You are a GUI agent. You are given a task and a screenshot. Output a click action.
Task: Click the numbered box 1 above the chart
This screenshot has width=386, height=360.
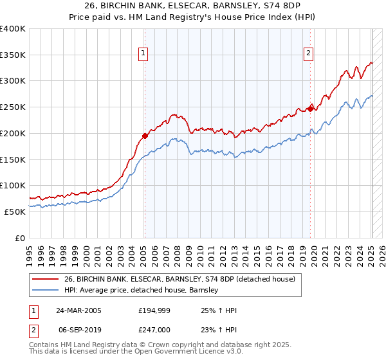click(143, 54)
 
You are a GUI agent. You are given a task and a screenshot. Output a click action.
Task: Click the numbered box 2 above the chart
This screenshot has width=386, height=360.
click(309, 54)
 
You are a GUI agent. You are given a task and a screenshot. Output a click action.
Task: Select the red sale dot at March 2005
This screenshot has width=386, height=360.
click(145, 136)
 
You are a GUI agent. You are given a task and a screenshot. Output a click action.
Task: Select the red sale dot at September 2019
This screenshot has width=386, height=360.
click(310, 109)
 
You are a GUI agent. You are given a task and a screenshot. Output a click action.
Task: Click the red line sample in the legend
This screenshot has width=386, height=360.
click(46, 279)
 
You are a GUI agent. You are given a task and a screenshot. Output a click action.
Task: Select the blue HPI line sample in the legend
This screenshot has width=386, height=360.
click(46, 290)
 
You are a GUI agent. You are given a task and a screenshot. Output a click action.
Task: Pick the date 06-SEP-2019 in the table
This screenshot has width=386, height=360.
click(80, 328)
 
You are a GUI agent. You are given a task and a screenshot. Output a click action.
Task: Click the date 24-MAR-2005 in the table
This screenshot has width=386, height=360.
click(80, 310)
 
